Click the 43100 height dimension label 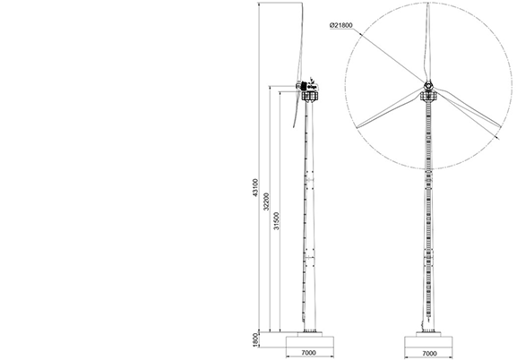coord(255,188)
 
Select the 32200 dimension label coord(266,201)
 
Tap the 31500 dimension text coord(276,221)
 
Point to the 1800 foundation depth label coord(254,340)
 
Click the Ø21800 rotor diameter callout coord(340,25)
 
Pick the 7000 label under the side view coord(308,353)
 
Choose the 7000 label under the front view coord(429,354)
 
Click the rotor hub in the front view coord(428,85)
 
